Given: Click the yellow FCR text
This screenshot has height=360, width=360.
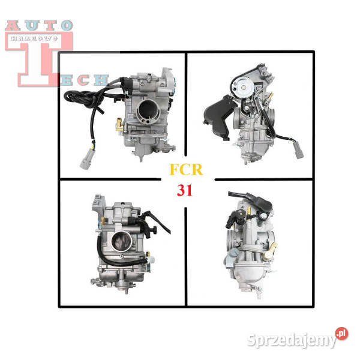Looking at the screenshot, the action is tap(186, 169).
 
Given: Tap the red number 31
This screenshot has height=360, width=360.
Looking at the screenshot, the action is tap(185, 190).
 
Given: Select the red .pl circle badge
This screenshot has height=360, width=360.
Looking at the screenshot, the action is tap(341, 334).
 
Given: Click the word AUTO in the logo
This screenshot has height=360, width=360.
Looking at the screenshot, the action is tap(39, 25).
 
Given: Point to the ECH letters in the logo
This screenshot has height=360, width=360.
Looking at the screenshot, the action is tap(84, 80).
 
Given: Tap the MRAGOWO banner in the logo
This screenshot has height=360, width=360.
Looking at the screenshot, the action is tap(34, 38).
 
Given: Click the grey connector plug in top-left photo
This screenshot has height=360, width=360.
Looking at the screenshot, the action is tap(88, 158).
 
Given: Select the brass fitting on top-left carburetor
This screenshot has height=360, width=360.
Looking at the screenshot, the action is tap(119, 124).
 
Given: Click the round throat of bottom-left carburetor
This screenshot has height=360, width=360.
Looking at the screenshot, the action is tap(122, 241).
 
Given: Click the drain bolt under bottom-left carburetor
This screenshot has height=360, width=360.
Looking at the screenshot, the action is tap(126, 290).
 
